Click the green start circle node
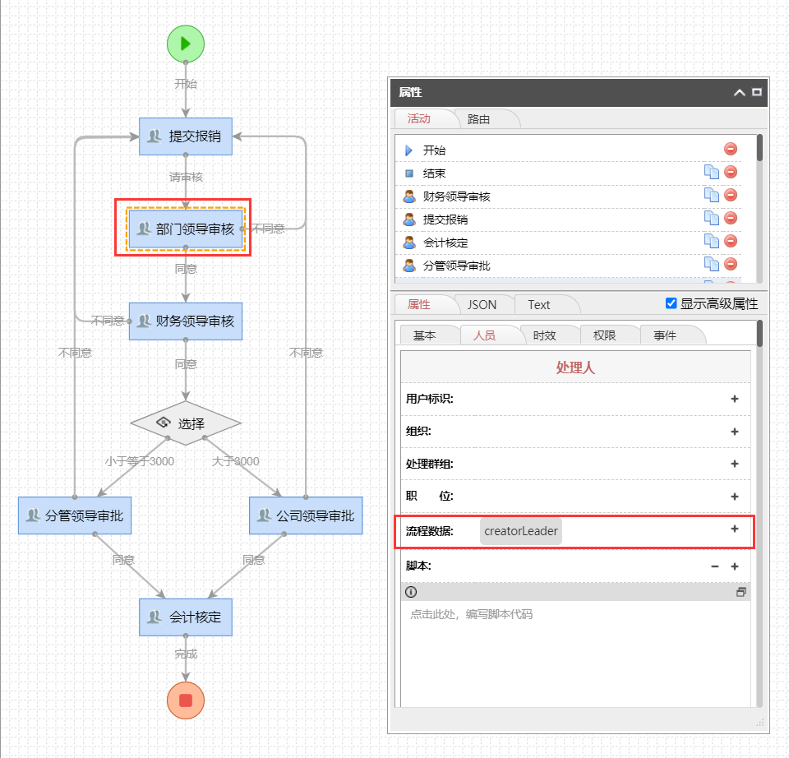(186, 43)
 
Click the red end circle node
(186, 700)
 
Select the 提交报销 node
(186, 136)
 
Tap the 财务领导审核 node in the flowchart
(186, 321)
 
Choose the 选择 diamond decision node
(186, 423)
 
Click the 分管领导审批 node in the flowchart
(75, 515)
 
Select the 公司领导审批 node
(306, 515)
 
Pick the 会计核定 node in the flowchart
(186, 617)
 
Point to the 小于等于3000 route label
(139, 461)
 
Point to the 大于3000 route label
(235, 461)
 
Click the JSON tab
(482, 304)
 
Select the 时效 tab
(544, 335)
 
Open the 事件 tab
(664, 335)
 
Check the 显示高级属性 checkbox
(671, 303)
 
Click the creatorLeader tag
(521, 531)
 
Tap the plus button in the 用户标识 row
(735, 399)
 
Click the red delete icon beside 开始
(731, 149)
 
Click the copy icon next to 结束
(712, 172)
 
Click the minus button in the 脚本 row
(715, 566)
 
